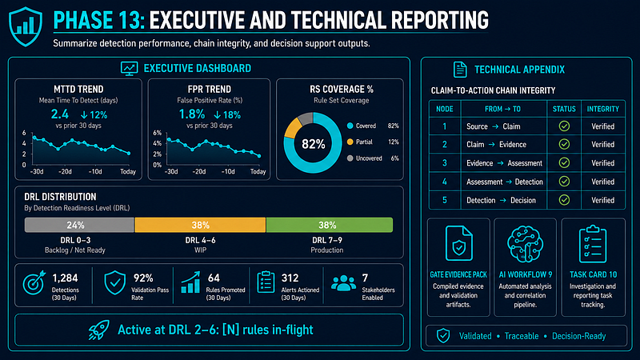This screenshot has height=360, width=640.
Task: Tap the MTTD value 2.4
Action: click(x=59, y=114)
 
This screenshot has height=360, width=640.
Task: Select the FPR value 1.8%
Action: click(x=191, y=114)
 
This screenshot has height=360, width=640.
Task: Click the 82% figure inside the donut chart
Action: click(x=313, y=144)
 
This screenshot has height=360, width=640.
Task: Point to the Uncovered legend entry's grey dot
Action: click(x=350, y=158)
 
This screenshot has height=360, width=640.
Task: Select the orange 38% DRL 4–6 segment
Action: click(x=200, y=225)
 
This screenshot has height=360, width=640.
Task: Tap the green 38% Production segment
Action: click(x=330, y=225)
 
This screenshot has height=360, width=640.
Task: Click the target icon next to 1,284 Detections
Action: click(x=34, y=282)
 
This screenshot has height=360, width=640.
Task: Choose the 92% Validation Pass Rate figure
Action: click(x=143, y=278)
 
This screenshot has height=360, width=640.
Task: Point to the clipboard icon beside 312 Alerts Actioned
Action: click(x=266, y=282)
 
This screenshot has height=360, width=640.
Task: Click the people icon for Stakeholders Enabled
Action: click(x=343, y=283)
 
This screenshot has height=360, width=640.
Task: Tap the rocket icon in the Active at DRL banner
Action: click(x=98, y=330)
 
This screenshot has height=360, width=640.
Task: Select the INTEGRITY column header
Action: click(x=603, y=109)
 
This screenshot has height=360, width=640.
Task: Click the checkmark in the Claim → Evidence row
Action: click(x=564, y=144)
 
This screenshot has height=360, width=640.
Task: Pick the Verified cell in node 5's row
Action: click(x=603, y=201)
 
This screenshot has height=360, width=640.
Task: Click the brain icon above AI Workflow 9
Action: click(x=525, y=244)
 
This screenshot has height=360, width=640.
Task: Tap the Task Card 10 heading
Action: click(x=593, y=274)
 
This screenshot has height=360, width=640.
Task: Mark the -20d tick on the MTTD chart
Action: click(x=65, y=171)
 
